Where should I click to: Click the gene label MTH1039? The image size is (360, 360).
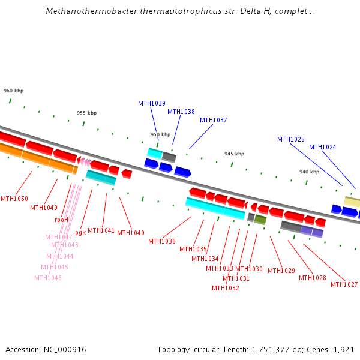click(152, 103)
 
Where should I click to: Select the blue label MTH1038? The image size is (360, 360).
click(181, 112)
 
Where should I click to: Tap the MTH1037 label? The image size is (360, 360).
click(214, 120)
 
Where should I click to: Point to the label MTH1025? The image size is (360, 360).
click(291, 139)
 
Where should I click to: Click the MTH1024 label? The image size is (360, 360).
click(323, 147)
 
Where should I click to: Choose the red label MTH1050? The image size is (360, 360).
click(14, 199)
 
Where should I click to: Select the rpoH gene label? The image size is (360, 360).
click(61, 220)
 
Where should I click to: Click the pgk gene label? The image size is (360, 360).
click(80, 232)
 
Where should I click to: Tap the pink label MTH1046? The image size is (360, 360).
click(48, 278)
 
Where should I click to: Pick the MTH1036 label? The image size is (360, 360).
click(162, 241)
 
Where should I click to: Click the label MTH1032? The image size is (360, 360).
click(226, 288)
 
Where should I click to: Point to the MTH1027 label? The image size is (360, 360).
click(344, 284)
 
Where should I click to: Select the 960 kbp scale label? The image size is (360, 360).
click(13, 91)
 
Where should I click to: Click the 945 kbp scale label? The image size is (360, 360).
click(234, 154)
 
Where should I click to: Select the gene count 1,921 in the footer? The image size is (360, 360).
click(344, 349)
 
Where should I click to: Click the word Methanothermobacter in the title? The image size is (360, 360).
click(83, 11)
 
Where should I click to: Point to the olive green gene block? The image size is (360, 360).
click(260, 220)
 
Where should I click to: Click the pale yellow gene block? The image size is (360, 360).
click(352, 202)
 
